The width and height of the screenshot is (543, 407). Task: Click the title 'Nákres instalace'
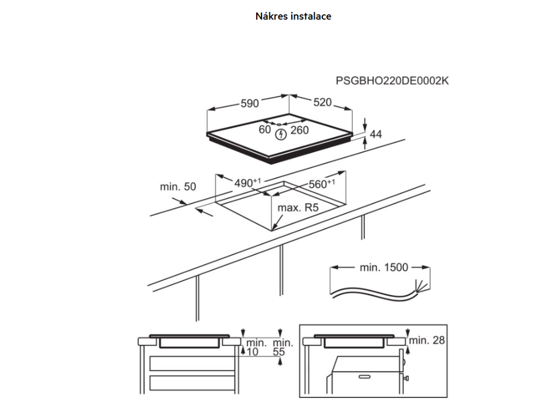pyautogui.click(x=293, y=16)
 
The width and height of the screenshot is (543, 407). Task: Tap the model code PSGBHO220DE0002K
pyautogui.click(x=392, y=81)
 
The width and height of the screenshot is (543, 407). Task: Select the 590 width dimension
pyautogui.click(x=250, y=103)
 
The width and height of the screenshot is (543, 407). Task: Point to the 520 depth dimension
pyautogui.click(x=322, y=102)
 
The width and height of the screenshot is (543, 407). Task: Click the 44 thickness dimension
pyautogui.click(x=376, y=134)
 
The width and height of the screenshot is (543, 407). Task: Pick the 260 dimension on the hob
pyautogui.click(x=300, y=130)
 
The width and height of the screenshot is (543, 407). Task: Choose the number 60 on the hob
pyautogui.click(x=265, y=129)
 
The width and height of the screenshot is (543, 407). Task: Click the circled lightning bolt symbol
pyautogui.click(x=281, y=135)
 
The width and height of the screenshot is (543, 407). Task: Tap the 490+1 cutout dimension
pyautogui.click(x=247, y=183)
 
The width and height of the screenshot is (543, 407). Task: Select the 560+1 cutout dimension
pyautogui.click(x=322, y=184)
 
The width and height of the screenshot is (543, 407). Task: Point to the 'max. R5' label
pyautogui.click(x=298, y=208)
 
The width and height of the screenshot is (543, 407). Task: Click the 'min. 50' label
pyautogui.click(x=178, y=187)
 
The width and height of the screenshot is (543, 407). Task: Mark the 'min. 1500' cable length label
pyautogui.click(x=384, y=267)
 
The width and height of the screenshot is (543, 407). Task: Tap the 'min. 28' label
pyautogui.click(x=427, y=340)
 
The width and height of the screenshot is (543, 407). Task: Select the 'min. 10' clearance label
pyautogui.click(x=256, y=347)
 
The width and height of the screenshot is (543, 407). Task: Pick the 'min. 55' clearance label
pyautogui.click(x=283, y=347)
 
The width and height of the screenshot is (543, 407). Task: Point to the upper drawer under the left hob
pyautogui.click(x=192, y=364)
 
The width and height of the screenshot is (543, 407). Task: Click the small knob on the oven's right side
pyautogui.click(x=406, y=378)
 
